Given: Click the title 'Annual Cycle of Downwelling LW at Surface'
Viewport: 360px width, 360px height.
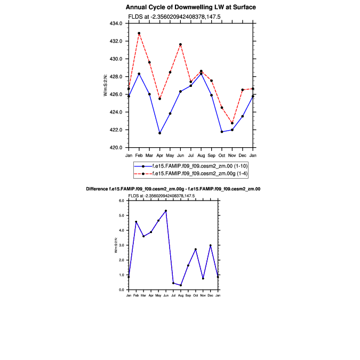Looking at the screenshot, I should pyautogui.click(x=190, y=7).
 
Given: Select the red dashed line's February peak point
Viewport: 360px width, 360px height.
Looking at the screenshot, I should pyautogui.click(x=139, y=33).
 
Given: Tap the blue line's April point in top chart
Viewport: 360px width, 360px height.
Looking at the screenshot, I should pyautogui.click(x=160, y=133).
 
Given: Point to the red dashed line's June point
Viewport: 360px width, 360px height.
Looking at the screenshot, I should pyautogui.click(x=180, y=44).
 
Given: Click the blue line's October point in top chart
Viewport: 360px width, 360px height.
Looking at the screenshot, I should pyautogui.click(x=222, y=131).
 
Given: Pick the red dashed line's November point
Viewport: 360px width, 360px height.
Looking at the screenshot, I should pyautogui.click(x=232, y=123).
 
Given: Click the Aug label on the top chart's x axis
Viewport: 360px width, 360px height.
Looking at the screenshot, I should pyautogui.click(x=201, y=155).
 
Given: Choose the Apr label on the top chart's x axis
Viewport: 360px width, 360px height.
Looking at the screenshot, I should pyautogui.click(x=159, y=155).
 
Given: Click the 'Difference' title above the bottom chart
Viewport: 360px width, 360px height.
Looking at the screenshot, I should pyautogui.click(x=173, y=189).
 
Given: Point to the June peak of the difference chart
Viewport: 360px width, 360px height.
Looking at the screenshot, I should pyautogui.click(x=166, y=211).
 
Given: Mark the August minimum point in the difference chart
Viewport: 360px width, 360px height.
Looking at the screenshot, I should pyautogui.click(x=181, y=285).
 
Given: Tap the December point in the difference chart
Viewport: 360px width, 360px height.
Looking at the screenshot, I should pyautogui.click(x=211, y=245).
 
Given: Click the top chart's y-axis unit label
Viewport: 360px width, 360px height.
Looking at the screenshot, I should pyautogui.click(x=106, y=85).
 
